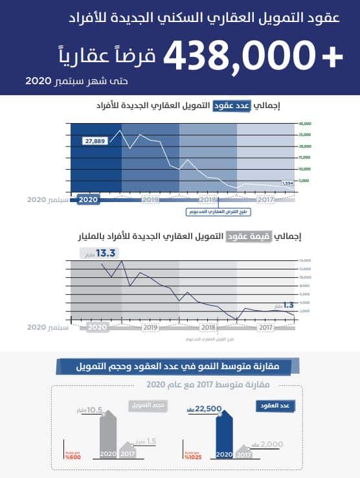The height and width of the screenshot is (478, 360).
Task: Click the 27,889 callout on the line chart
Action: pos(95,141)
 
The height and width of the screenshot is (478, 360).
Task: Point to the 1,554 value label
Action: pos(287,183)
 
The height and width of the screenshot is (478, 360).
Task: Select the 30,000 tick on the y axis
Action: pos(306,123)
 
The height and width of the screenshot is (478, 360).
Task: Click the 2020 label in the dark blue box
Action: pos(87,200)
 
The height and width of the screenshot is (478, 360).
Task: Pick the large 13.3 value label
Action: pos(105,253)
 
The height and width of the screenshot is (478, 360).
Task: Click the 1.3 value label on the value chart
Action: pos(289,304)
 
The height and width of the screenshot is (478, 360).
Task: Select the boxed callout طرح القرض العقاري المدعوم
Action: pos(213,211)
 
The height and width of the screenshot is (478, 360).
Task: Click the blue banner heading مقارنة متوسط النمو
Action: pos(179,367)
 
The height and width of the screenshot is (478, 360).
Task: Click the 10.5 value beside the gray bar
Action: pos(95,409)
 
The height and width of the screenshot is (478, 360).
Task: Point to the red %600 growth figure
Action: pos(73,457)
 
